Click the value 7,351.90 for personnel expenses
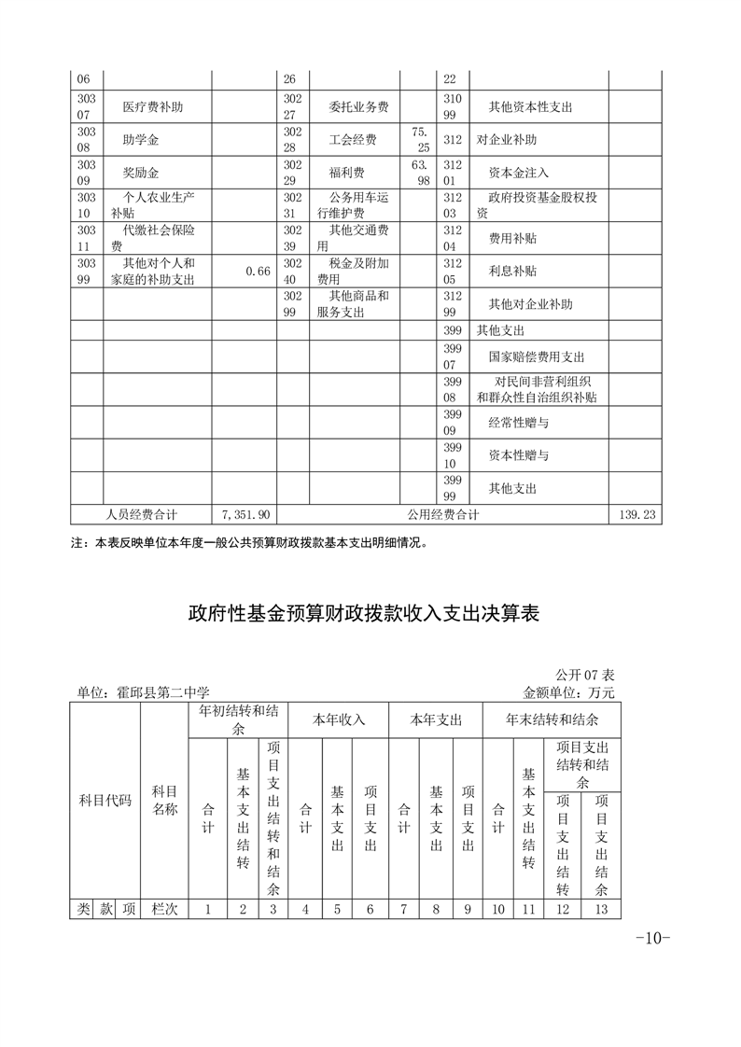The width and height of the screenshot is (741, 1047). coord(246,514)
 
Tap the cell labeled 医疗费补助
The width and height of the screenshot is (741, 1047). coord(153,107)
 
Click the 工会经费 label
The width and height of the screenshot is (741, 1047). coord(353,140)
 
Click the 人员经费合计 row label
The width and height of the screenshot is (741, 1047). coord(142,514)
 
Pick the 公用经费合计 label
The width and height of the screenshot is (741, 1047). coord(443,514)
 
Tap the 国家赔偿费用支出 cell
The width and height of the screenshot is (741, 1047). coord(537,356)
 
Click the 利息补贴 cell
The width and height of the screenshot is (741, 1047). coord(512,271)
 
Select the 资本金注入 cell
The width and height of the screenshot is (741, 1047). coord(519,173)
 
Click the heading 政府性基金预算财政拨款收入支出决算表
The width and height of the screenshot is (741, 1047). coord(370,613)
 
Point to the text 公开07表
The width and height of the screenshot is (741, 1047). coord(585,675)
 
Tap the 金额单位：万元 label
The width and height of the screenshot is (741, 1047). coord(570,692)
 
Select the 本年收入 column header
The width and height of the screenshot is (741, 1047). coord(338,719)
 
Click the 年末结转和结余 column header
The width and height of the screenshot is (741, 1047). coord(552,719)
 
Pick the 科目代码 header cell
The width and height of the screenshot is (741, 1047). coord(105,801)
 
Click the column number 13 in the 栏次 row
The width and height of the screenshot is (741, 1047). coord(601,908)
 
